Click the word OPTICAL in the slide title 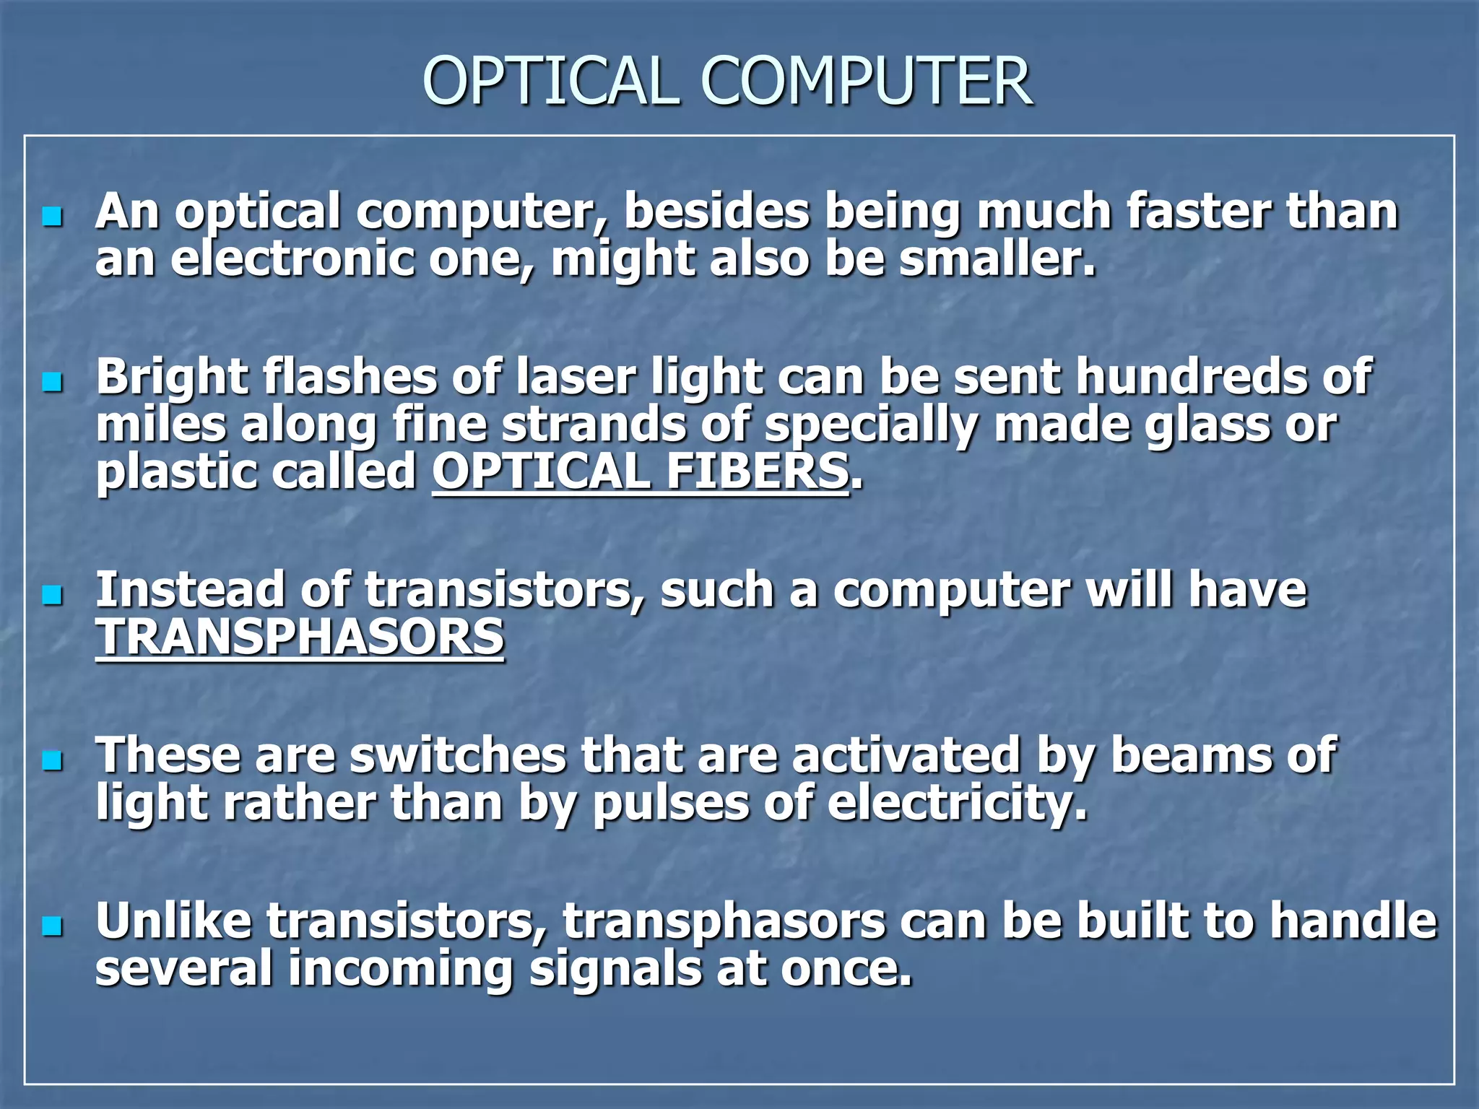[x=550, y=81]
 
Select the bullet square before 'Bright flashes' [x=53, y=382]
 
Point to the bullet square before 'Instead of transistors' [x=53, y=595]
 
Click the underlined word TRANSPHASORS [x=300, y=638]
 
